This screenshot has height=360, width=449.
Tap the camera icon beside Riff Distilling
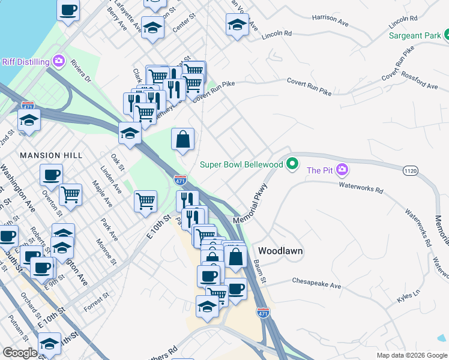pyautogui.click(x=58, y=61)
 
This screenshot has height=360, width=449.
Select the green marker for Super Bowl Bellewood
pyautogui.click(x=292, y=163)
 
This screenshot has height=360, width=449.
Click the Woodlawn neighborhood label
pyautogui.click(x=280, y=250)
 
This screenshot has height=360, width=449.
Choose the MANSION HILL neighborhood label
pyautogui.click(x=51, y=155)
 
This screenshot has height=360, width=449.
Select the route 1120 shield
pyautogui.click(x=411, y=171)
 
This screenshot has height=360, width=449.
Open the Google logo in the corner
pyautogui.click(x=20, y=353)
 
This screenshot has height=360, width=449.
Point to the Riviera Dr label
pyautogui.click(x=80, y=70)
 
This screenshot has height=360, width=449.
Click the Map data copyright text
pyautogui.click(x=412, y=355)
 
